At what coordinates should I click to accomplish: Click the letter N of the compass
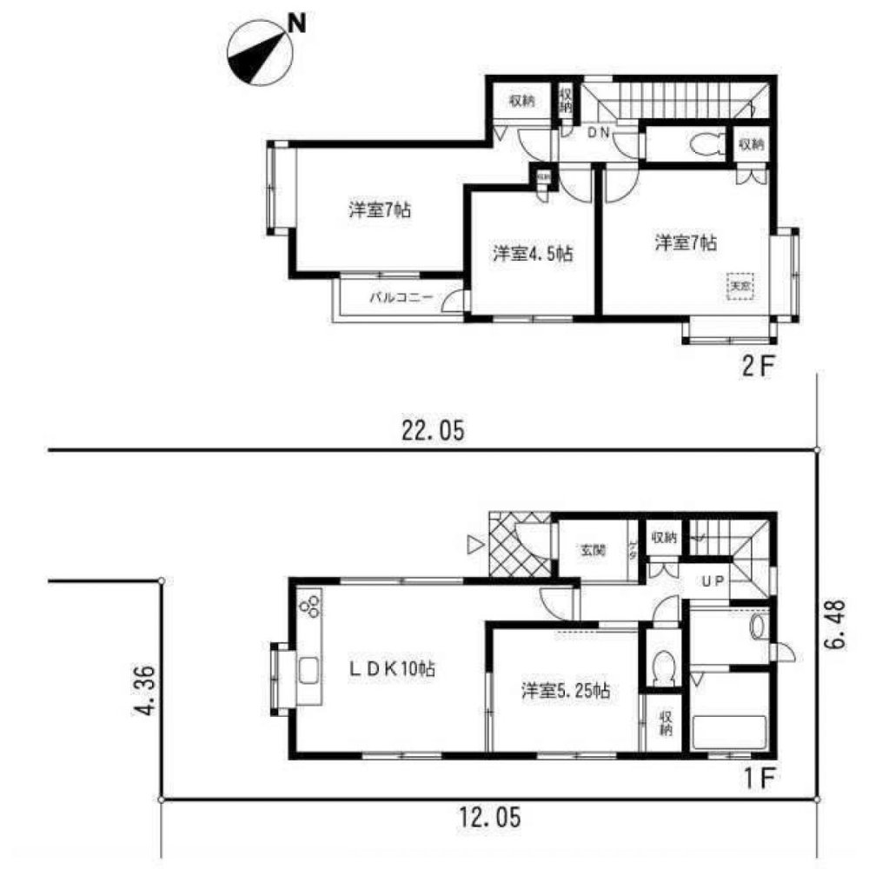(x=296, y=24)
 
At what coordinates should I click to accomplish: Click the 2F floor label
(x=756, y=367)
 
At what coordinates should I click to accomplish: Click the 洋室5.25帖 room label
(x=565, y=692)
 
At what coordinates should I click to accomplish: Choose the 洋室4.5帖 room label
(x=532, y=254)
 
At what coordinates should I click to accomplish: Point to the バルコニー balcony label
(x=401, y=298)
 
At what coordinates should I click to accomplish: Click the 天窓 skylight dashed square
(x=739, y=285)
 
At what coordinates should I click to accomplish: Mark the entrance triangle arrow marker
(x=474, y=545)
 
